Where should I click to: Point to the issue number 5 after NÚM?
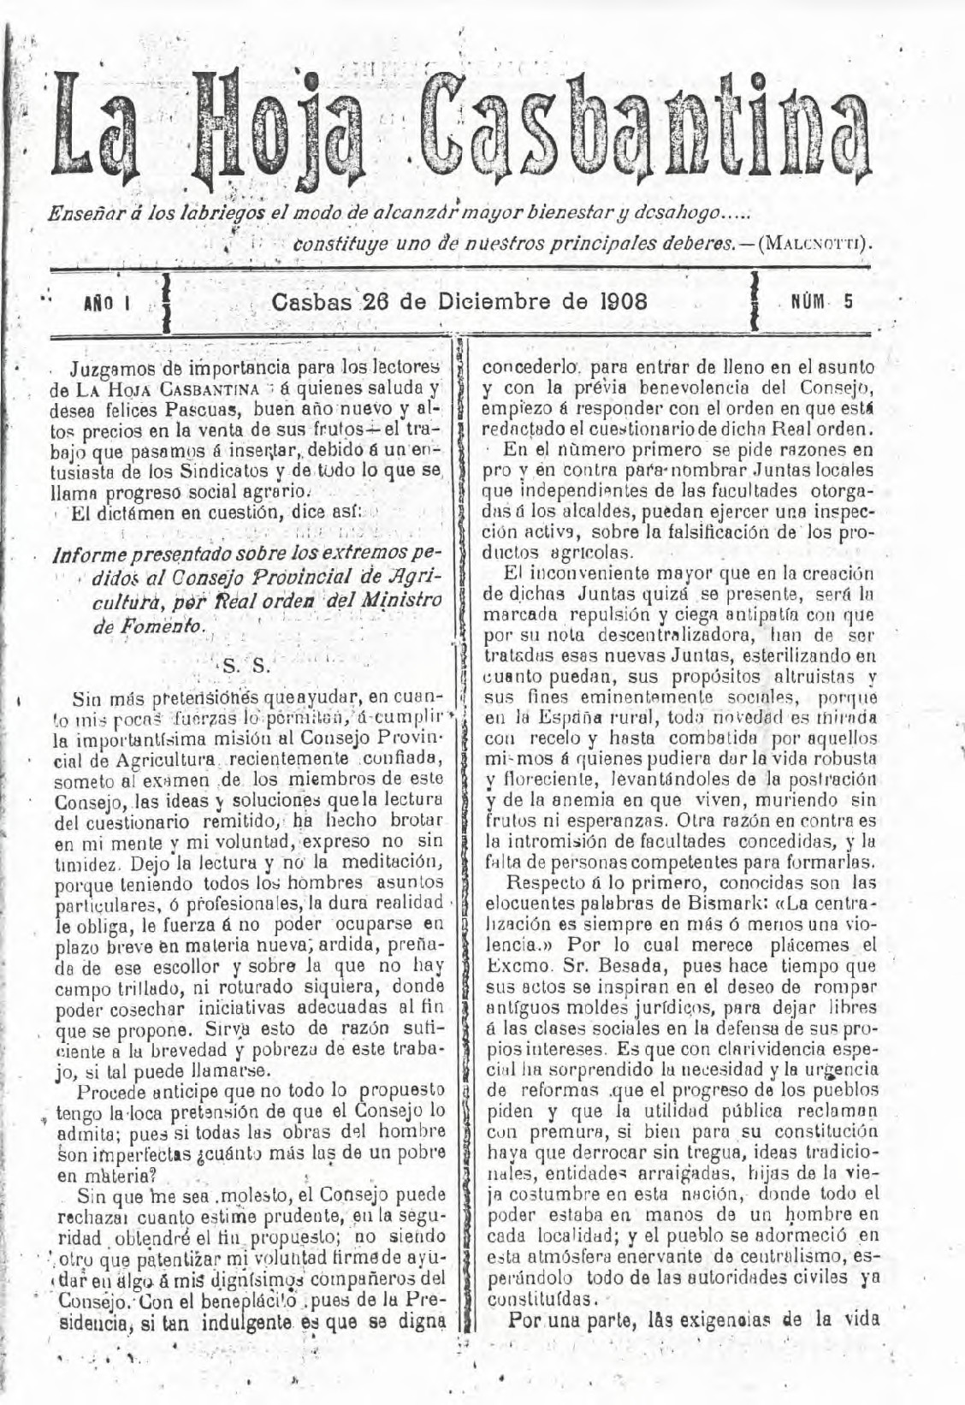coord(847,301)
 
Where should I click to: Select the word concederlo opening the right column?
coord(522,368)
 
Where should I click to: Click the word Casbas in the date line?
coord(311,302)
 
